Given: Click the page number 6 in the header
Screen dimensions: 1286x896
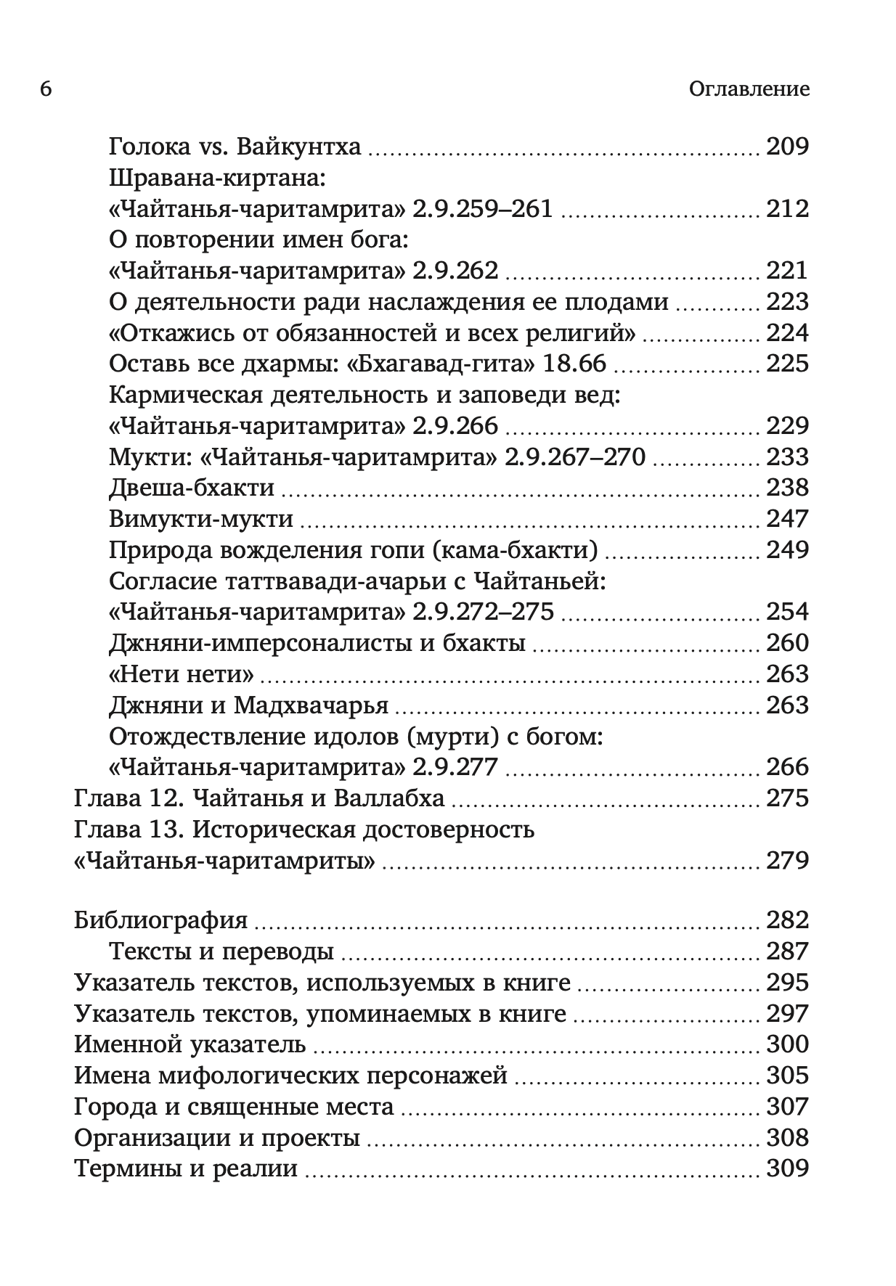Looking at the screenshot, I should pos(46,89).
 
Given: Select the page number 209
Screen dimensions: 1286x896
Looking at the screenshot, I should pos(787,147).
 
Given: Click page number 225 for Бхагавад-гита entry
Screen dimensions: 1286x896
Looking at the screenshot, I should pos(787,364).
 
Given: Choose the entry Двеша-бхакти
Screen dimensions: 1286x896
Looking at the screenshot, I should pos(192,487).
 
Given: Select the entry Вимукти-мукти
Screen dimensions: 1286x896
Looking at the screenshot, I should pos(201,518).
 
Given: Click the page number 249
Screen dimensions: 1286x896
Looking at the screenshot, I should pos(787,549).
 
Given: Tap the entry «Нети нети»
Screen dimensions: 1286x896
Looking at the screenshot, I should pos(182,673).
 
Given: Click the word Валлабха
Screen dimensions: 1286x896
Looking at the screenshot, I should pos(389,798).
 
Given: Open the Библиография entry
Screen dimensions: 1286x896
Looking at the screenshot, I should pos(161,920).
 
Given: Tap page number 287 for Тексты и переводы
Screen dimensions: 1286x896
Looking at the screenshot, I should pos(787,951).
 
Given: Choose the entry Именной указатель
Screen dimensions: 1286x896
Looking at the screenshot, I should pos(190,1044).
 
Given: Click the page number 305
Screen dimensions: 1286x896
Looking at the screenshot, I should pos(787,1075).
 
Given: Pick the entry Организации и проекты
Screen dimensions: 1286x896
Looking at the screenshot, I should pos(217,1137).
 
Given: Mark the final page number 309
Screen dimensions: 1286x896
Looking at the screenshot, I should pos(787,1168).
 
